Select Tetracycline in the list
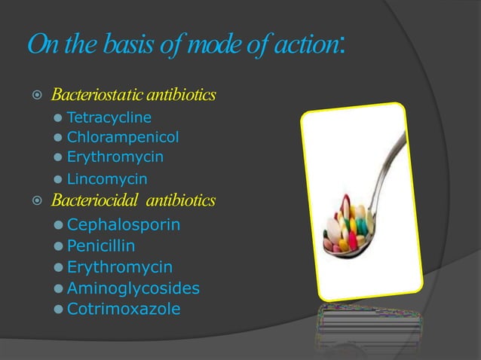click(109, 117)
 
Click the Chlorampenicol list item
click(123, 138)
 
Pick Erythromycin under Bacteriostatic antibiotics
click(115, 157)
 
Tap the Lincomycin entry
click(107, 179)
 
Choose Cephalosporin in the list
click(124, 224)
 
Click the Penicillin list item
click(101, 246)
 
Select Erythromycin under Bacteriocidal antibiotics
click(120, 267)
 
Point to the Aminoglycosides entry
click(133, 288)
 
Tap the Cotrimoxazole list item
click(124, 309)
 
